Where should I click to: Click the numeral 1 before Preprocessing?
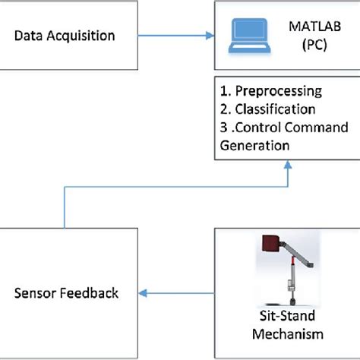click(x=222, y=91)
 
